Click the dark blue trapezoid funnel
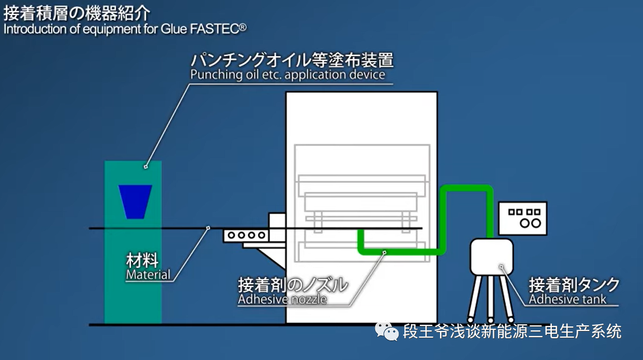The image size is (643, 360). click(135, 201)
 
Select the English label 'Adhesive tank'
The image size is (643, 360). click(567, 299)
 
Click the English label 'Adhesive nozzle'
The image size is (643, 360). click(282, 299)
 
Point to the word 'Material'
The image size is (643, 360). click(148, 274)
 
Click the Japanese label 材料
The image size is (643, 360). click(142, 260)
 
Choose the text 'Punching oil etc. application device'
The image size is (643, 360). click(287, 74)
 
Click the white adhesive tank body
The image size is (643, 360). click(491, 257)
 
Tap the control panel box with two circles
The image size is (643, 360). click(523, 218)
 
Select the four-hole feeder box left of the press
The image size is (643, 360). click(246, 235)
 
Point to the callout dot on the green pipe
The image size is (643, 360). click(384, 253)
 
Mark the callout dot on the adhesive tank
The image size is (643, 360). click(501, 267)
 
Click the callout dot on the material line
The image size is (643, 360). click(209, 228)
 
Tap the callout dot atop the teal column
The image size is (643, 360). click(145, 167)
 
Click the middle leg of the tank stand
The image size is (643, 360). click(490, 299)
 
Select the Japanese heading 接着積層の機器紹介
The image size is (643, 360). click(77, 13)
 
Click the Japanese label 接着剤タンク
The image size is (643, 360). click(574, 285)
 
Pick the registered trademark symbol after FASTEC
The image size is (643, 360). click(243, 27)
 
